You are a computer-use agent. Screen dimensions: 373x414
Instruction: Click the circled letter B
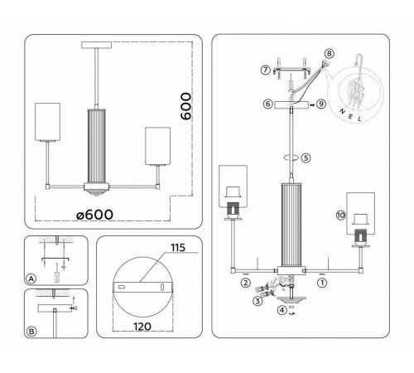[31, 332]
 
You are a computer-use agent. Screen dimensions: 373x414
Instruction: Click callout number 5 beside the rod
[305, 157]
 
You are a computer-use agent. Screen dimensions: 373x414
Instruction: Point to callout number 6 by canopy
[267, 104]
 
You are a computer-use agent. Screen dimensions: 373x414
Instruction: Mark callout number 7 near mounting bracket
[264, 69]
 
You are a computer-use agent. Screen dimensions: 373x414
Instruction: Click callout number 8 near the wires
[329, 54]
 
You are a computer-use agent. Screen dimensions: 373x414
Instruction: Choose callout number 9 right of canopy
[321, 104]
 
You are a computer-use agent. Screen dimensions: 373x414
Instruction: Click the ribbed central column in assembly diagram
[293, 224]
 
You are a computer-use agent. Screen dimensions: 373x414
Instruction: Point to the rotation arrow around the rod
[291, 157]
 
